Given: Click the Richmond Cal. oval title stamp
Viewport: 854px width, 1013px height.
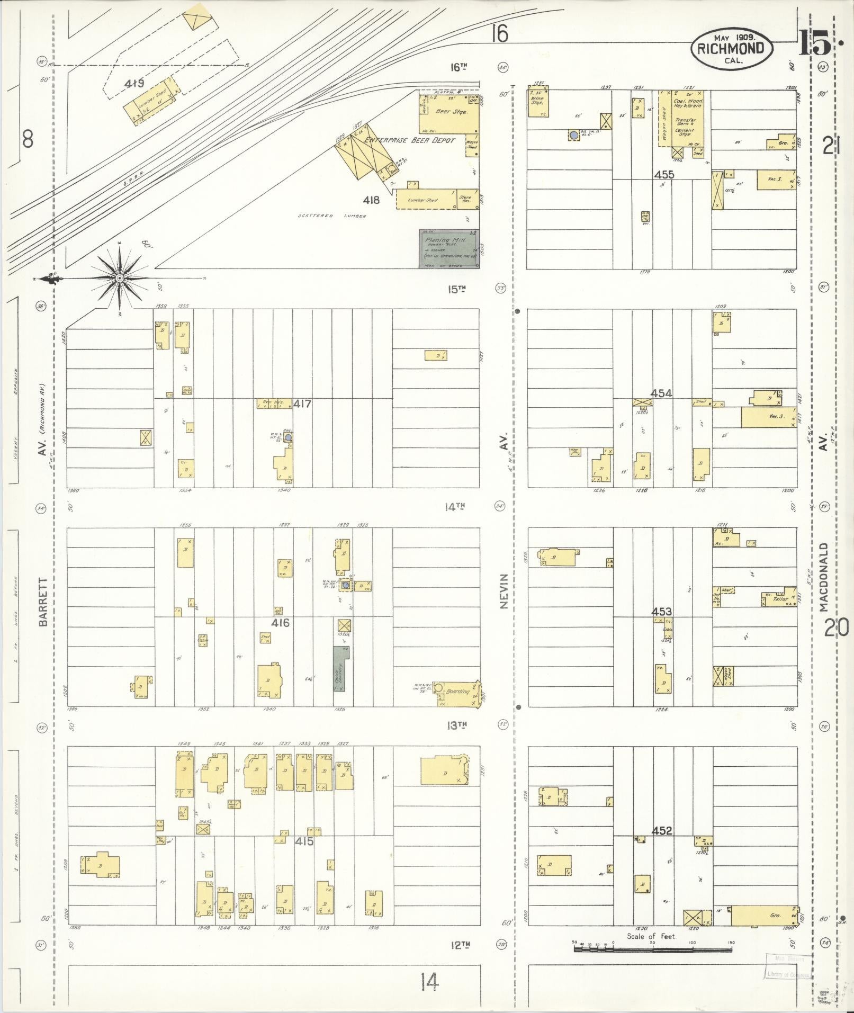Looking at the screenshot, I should pos(731,48).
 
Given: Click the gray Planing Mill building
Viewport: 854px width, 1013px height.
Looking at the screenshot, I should pos(449,249).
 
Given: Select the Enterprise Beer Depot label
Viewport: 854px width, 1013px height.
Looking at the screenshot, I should pos(417,141).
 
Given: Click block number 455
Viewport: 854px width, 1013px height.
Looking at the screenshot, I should pos(664,174).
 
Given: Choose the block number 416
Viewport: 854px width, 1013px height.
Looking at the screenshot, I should pos(280,623).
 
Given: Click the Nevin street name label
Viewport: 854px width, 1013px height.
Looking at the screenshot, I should pos(504,591).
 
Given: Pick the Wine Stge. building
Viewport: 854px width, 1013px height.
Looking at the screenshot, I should pos(537,103).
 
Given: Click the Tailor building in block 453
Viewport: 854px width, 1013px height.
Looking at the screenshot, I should pos(779,598).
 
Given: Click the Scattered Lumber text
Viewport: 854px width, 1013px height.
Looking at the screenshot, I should pos(332,216).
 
